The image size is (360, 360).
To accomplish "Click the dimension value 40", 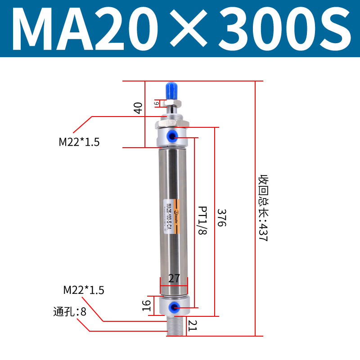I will click(x=138, y=108).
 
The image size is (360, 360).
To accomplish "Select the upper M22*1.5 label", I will click(x=79, y=142).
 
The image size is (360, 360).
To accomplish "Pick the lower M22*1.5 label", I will click(x=84, y=290).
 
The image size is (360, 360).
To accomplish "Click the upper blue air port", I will click(x=173, y=135).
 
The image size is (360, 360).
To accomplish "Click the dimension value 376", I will click(x=221, y=218).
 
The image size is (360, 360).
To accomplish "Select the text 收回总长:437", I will click(x=262, y=209).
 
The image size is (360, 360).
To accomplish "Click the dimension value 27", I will click(x=174, y=279).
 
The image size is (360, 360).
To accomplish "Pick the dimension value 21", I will click(x=193, y=325).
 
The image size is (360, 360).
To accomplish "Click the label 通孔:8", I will click(x=70, y=311).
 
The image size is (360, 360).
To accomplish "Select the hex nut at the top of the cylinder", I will click(x=172, y=123).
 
